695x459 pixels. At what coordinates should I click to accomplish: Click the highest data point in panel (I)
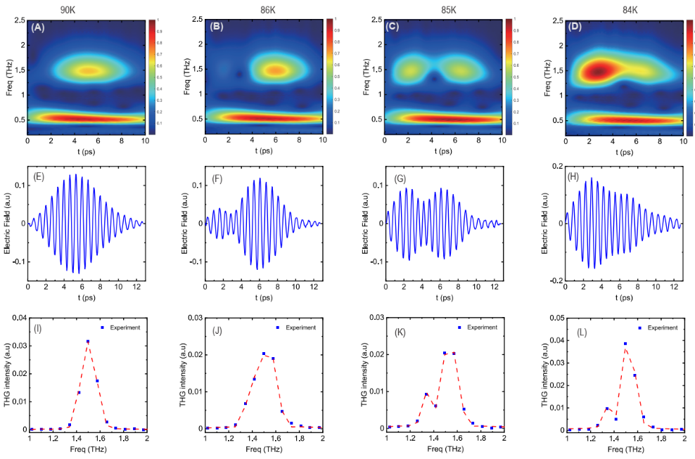pos(88,342)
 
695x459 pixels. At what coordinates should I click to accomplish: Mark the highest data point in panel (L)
pos(625,344)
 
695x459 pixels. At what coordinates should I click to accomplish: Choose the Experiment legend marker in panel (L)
pos(640,328)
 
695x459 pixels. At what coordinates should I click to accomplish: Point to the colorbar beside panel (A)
pos(151,76)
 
